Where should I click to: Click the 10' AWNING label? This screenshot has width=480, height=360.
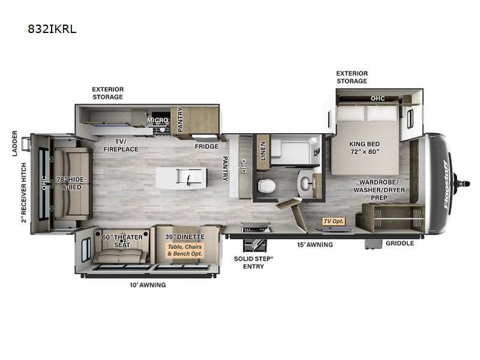148,284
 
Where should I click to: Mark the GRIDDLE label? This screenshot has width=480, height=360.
400,243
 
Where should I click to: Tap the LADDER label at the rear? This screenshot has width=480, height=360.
14,143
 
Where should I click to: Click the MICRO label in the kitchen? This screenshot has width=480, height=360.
157,121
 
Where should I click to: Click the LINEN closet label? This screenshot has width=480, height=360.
262,151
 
